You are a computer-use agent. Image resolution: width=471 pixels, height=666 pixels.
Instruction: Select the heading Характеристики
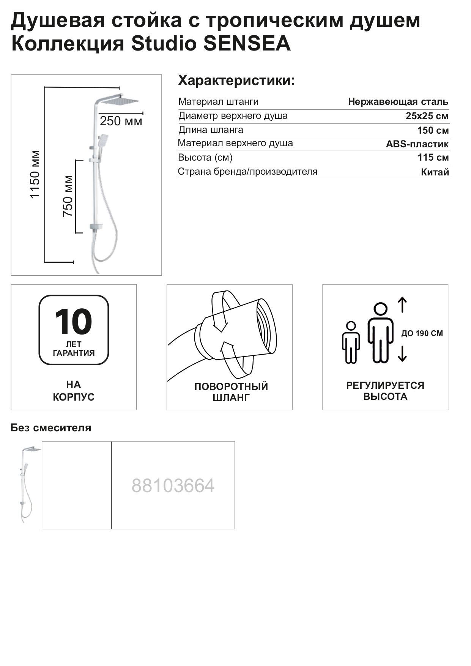pos(236,81)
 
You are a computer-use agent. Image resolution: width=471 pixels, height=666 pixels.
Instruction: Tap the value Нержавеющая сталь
pos(398,102)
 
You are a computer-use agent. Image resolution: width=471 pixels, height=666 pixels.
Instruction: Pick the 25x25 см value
pos(427,116)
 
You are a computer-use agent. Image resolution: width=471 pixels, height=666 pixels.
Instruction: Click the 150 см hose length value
pos(433,131)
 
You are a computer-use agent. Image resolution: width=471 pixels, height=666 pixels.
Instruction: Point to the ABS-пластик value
pos(417,144)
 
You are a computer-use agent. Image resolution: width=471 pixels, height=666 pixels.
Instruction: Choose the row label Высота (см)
pos(205,157)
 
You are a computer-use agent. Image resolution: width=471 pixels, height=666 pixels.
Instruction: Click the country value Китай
pos(435,172)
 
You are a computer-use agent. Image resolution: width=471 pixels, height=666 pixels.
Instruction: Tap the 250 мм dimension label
pos(121,122)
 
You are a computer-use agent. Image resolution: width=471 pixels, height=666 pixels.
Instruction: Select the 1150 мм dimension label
pos(35,174)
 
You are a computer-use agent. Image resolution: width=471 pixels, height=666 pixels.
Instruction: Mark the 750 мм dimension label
pos(68,196)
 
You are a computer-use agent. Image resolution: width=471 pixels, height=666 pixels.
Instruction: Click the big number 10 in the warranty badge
pos(73,322)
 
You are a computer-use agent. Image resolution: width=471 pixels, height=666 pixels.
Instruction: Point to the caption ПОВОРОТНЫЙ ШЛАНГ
pos(231,392)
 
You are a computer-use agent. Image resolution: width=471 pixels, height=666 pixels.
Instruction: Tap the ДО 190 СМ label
pos(422,334)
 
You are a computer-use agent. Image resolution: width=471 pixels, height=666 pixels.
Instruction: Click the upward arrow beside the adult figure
pos(402,305)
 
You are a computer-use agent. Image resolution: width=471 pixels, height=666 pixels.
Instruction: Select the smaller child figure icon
pos(351,342)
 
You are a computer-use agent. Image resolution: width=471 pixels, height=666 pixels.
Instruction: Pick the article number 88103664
pos(173,486)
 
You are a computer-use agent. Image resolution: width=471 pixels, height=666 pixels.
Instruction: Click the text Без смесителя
pos(51,428)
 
